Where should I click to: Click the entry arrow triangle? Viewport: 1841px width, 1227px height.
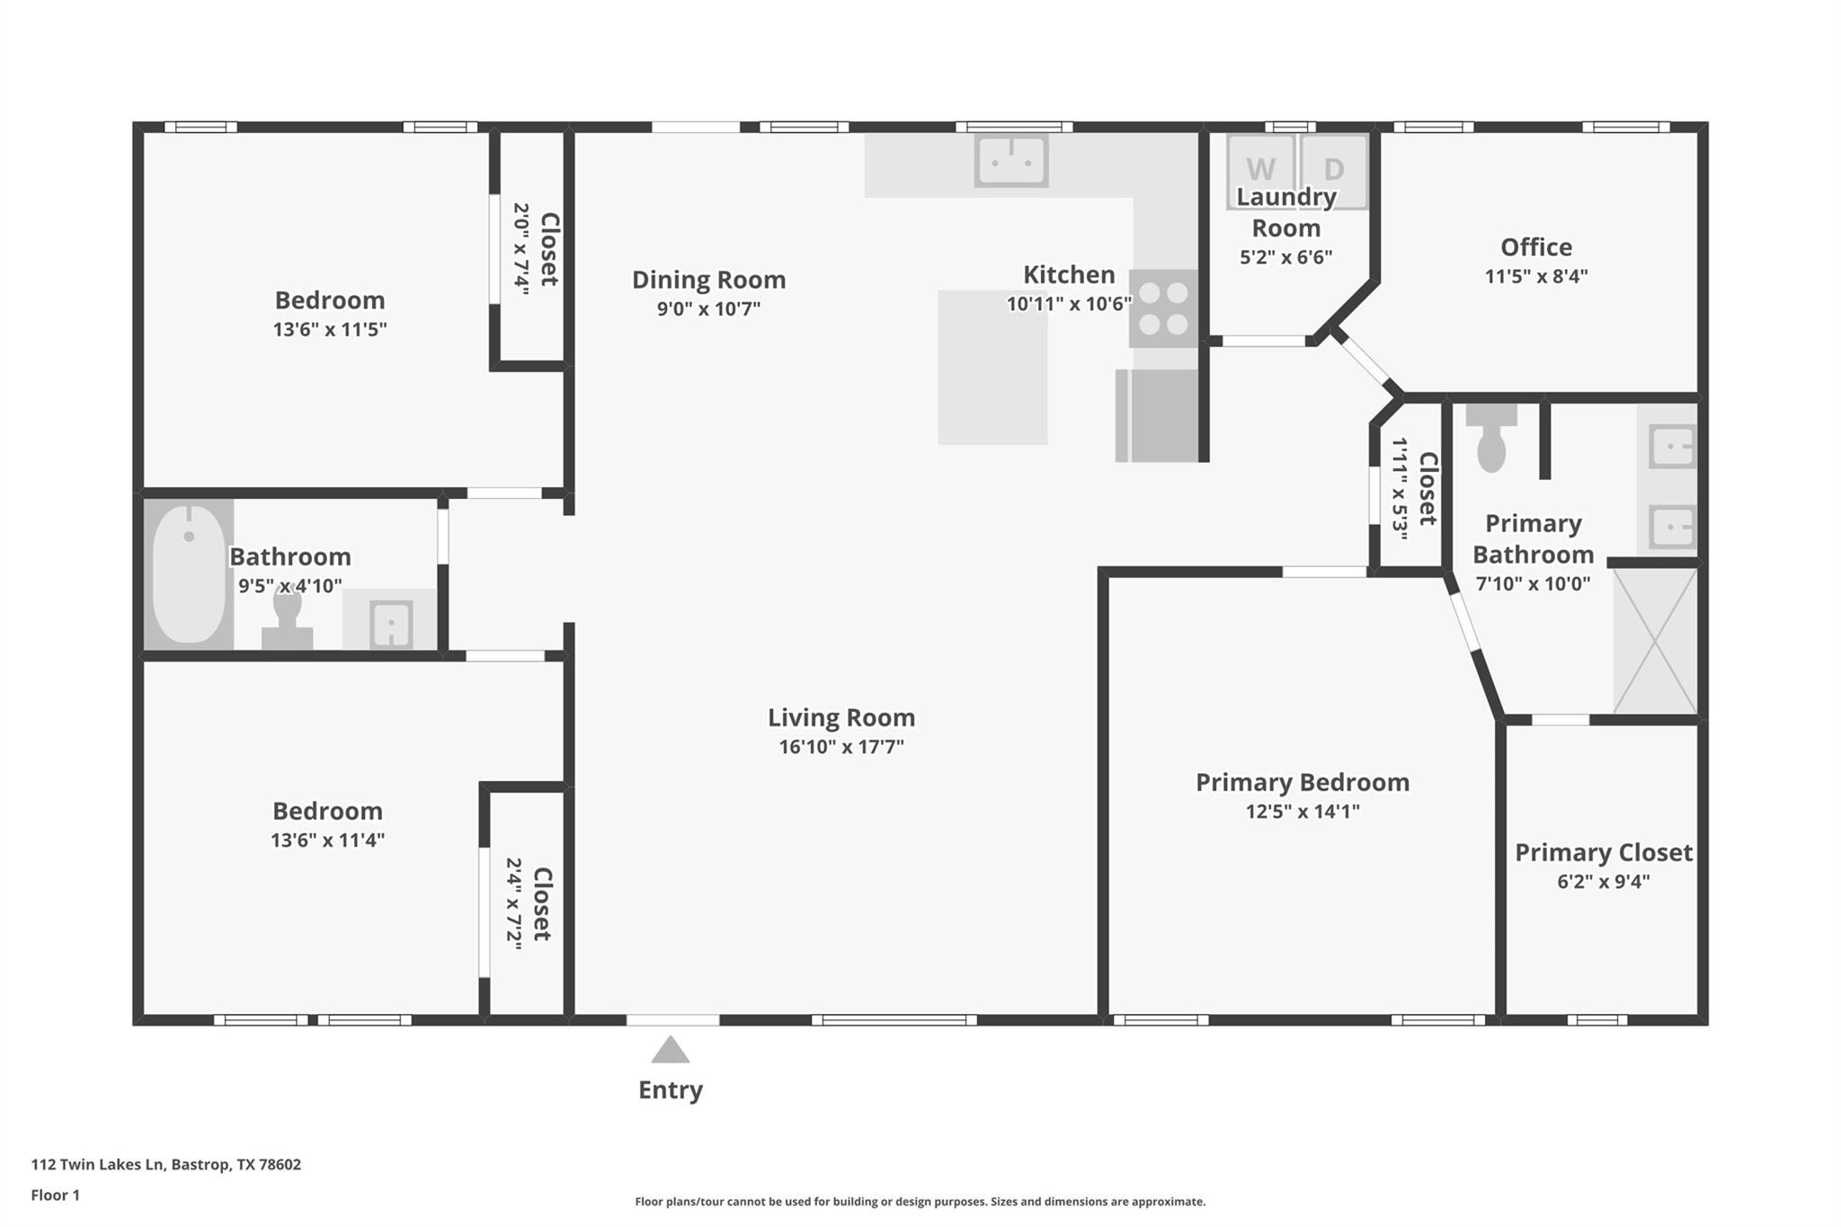coord(670,1050)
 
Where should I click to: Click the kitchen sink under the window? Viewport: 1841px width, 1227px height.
coord(1011,161)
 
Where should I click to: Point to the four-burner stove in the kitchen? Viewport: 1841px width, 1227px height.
coord(1163,308)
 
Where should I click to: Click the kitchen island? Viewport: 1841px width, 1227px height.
coord(992,367)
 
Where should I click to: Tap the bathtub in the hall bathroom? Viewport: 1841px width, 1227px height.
coord(189,574)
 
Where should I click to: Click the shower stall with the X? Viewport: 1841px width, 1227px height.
coord(1655,640)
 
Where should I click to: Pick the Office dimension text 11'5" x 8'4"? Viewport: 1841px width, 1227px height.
coord(1535,276)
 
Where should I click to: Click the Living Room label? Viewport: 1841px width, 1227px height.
coord(840,717)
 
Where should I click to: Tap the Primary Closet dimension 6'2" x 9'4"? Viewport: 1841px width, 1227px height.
coord(1603,881)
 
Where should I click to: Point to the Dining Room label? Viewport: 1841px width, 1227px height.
coord(708,280)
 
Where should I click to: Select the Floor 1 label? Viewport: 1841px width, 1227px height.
coord(55,1195)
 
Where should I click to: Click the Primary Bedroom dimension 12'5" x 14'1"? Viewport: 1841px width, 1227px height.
coord(1302,811)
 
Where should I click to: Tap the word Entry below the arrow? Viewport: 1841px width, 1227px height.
coord(670,1089)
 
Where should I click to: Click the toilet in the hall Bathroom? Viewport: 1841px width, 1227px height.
coord(287,620)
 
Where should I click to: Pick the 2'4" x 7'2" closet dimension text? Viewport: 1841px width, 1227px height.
coord(513,902)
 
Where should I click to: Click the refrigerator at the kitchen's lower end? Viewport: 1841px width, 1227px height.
coord(1160,415)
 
